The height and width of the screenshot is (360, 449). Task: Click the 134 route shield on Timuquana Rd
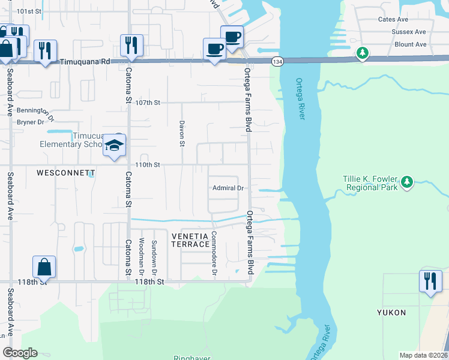[277, 62]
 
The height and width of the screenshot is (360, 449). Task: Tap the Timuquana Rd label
[88, 61]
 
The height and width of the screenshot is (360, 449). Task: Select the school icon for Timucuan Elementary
[114, 146]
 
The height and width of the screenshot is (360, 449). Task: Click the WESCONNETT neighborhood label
[66, 173]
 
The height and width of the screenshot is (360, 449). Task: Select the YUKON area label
[391, 313]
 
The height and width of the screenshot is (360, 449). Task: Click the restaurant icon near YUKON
[430, 281]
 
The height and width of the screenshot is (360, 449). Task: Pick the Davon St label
[181, 133]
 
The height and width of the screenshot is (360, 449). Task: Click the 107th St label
[148, 103]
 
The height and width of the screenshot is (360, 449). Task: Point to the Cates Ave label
[394, 19]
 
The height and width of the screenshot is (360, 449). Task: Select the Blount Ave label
[410, 44]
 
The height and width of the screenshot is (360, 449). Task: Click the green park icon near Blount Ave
[362, 53]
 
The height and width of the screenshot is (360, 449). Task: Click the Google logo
[20, 353]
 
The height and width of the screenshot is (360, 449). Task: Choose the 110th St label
[148, 164]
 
